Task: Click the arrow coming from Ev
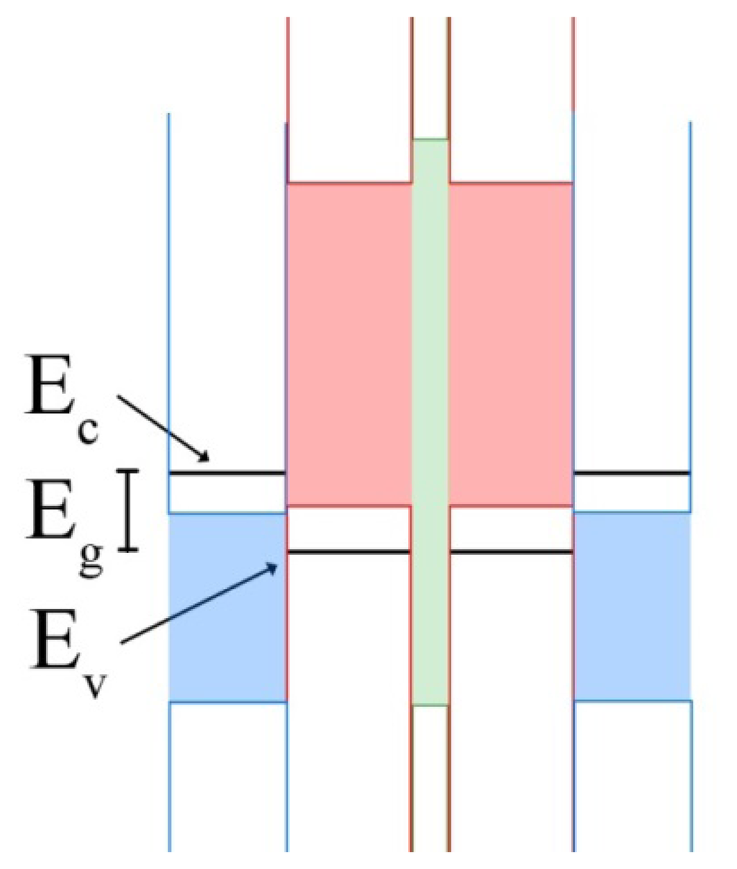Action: (202, 601)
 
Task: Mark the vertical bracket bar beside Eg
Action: (128, 510)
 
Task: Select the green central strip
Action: (430, 421)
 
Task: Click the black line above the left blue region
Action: (227, 473)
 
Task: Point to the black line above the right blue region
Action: (632, 473)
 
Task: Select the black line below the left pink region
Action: (348, 551)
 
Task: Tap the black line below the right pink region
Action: (511, 551)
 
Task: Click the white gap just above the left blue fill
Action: (227, 493)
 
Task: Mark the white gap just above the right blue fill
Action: (632, 493)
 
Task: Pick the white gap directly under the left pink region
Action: (348, 528)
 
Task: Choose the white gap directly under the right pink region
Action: (511, 528)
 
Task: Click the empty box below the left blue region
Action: (227, 774)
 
